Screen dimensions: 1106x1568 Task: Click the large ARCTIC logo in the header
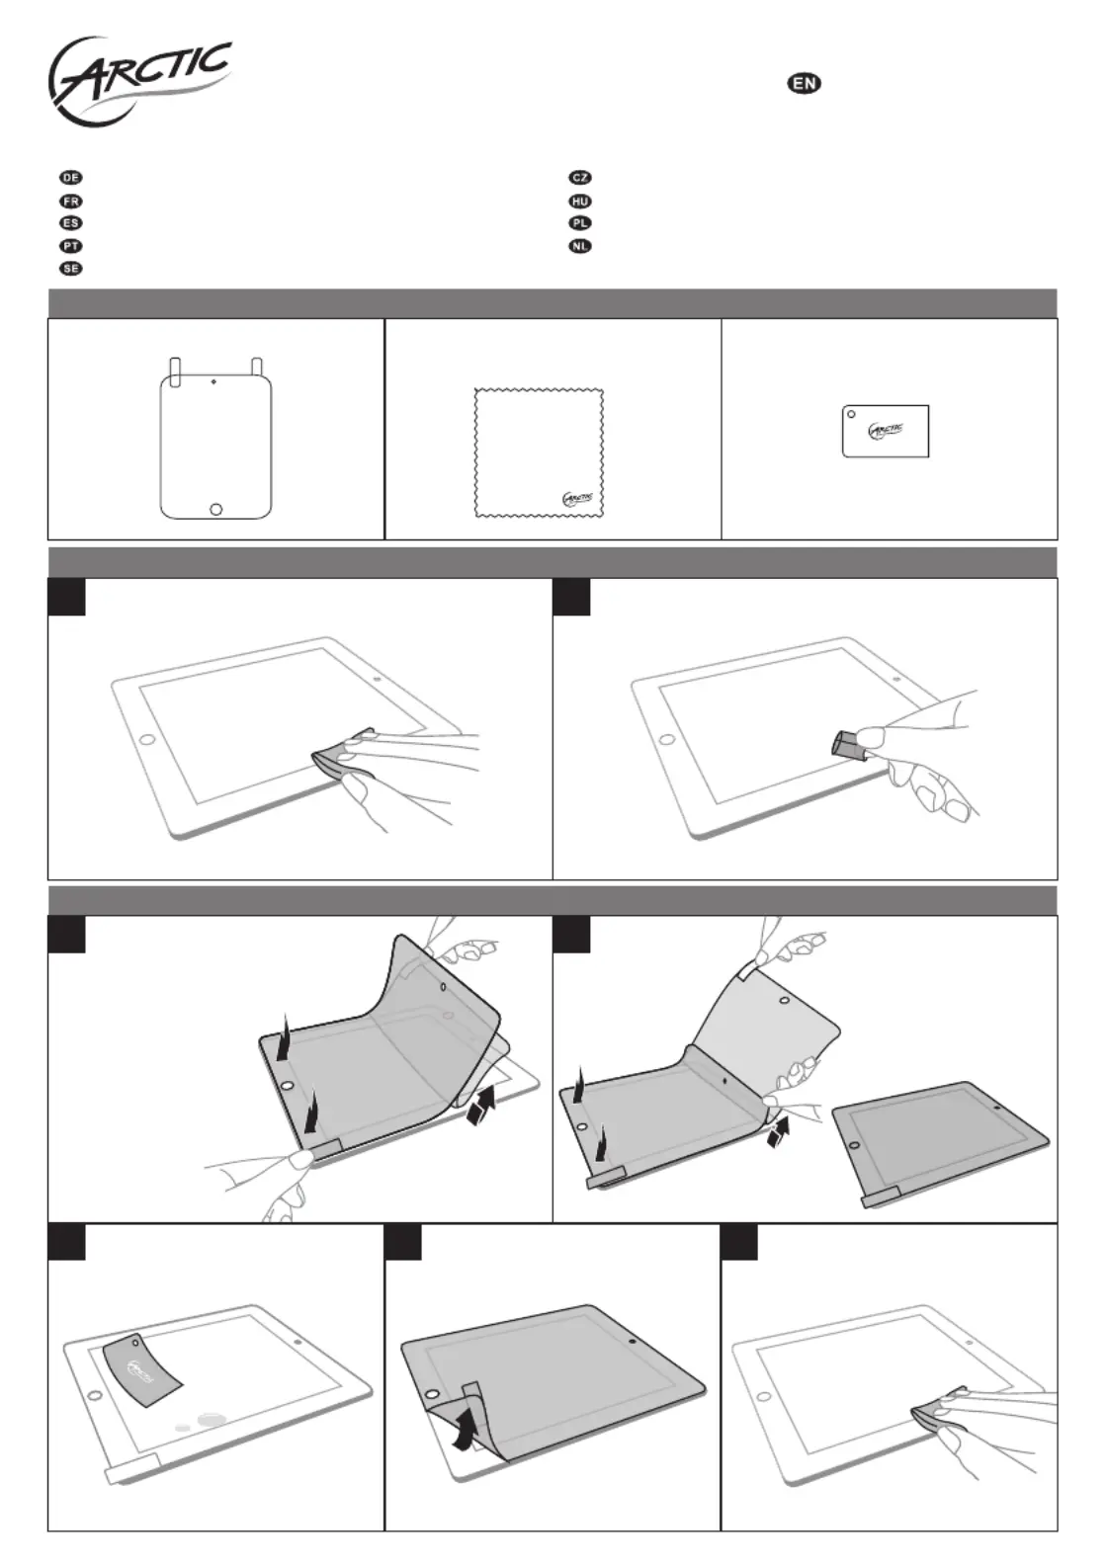[x=138, y=81]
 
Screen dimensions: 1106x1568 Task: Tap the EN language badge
[x=805, y=83]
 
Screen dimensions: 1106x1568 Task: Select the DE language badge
[x=71, y=178]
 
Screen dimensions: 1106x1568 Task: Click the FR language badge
[x=71, y=201]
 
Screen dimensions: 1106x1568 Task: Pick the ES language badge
[x=71, y=223]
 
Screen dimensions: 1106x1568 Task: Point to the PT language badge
[x=71, y=246]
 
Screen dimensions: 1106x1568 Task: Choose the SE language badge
[x=71, y=269]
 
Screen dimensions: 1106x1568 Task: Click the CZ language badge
[x=580, y=178]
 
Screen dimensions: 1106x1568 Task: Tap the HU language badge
[x=580, y=201]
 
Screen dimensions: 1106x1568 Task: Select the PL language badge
[x=580, y=223]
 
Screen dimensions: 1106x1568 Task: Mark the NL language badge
[x=580, y=246]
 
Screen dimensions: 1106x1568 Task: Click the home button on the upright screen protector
[x=216, y=510]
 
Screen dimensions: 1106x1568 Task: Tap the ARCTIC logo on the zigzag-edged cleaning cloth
[x=577, y=499]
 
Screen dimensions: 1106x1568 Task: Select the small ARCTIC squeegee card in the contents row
[x=886, y=431]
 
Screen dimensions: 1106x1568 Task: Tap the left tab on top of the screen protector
[x=176, y=371]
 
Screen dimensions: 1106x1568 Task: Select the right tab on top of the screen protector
[x=257, y=371]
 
